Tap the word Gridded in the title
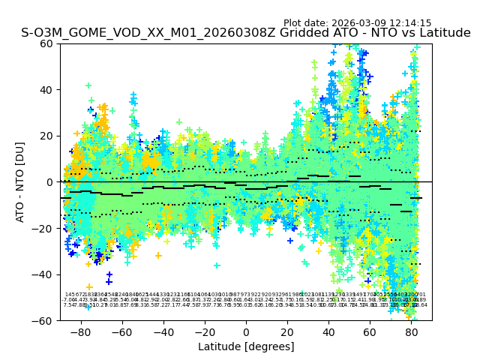pos(289,33)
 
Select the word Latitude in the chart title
pos(440,33)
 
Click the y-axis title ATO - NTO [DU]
pos(21,181)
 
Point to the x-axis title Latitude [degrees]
pos(246,346)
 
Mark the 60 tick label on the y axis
pos(46,43)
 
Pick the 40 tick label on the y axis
pos(46,90)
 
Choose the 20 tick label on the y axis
pos(46,136)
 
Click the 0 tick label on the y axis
pos(49,182)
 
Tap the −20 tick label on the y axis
pos(43,228)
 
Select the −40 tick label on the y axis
pos(43,274)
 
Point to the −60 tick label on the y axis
pos(43,320)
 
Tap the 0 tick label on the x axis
pos(246,331)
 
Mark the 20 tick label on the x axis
pos(288,331)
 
